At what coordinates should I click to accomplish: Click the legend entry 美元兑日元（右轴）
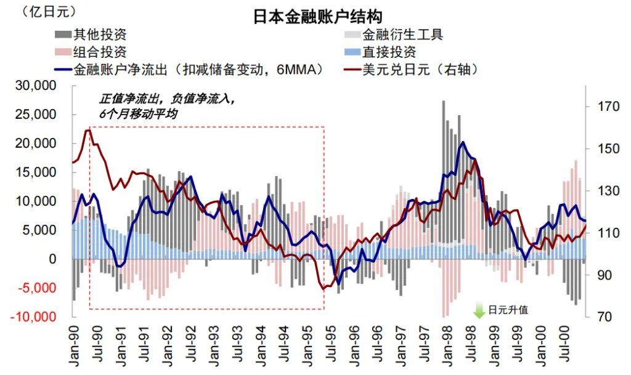(x=419, y=70)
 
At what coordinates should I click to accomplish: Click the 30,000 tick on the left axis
(x=47, y=86)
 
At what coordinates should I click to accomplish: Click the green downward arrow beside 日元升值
(x=479, y=310)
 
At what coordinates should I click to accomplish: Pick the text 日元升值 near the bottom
(x=508, y=310)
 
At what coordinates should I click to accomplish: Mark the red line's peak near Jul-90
(x=88, y=130)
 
